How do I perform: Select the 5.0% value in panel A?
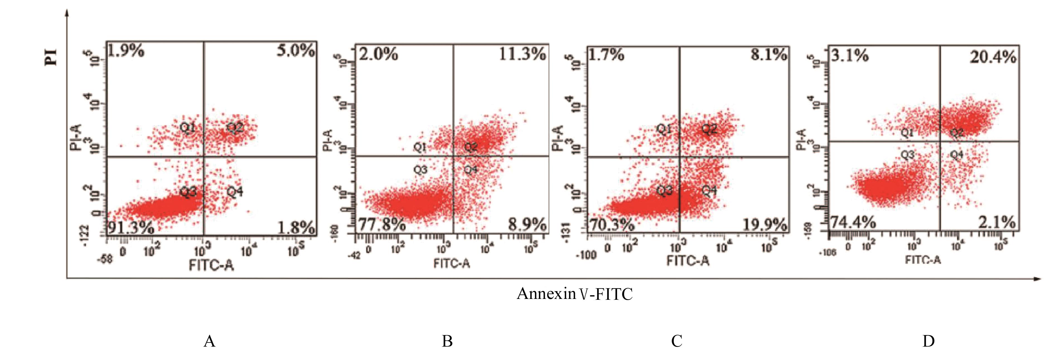pos(295,51)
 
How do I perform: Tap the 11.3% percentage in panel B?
pos(522,54)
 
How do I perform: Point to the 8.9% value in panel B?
pos(527,224)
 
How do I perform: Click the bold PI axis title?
pos(52,57)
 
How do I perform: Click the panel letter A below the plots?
pos(209,341)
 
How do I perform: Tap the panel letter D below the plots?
pos(929,341)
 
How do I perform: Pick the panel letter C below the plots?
pos(676,341)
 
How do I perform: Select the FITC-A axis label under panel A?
pos(211,265)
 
